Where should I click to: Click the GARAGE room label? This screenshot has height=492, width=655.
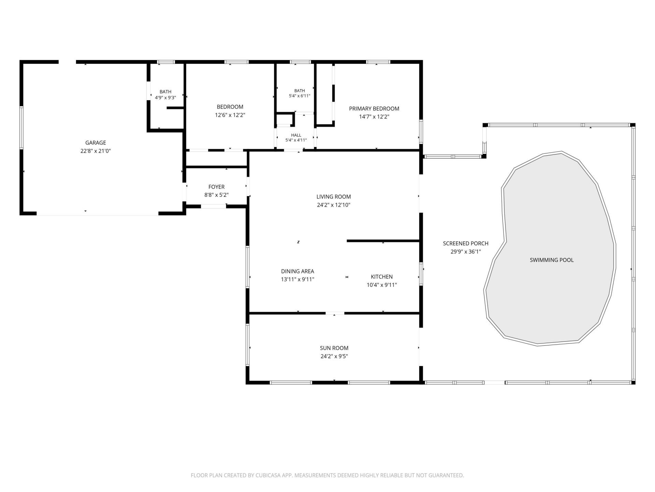click(96, 143)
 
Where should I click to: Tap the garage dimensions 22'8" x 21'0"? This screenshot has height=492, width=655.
click(96, 151)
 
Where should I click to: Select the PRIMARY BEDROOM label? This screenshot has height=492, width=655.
click(374, 109)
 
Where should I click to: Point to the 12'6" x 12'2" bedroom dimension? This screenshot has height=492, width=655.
click(230, 115)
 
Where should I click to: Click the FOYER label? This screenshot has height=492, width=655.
click(216, 187)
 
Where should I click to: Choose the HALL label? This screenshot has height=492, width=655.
click(296, 135)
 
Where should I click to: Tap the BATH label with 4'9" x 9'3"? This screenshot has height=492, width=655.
click(165, 92)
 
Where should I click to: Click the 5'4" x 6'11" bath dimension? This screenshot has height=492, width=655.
click(300, 96)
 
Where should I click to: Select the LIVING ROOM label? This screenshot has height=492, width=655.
click(334, 197)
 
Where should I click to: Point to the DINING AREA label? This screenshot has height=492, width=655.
click(297, 271)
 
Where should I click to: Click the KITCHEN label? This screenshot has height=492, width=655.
click(382, 277)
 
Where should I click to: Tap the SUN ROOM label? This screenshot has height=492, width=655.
click(334, 348)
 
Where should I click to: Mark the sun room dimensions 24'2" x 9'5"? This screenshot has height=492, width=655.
click(334, 356)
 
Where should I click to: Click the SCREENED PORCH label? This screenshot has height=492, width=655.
click(466, 244)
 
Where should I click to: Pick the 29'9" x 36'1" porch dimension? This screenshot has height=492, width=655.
click(466, 252)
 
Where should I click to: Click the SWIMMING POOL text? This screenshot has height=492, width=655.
click(552, 260)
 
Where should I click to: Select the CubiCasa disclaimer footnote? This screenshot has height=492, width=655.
click(327, 475)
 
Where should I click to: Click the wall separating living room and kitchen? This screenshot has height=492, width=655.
click(383, 241)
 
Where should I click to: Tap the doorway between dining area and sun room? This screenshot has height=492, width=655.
click(335, 313)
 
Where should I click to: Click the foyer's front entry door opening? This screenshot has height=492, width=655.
click(213, 206)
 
